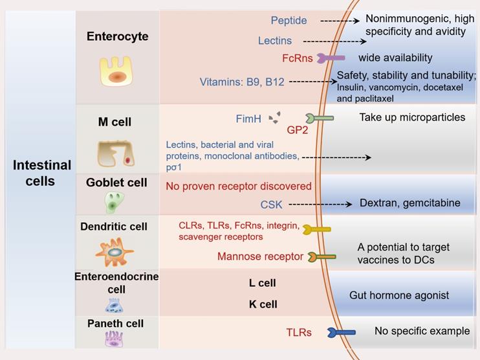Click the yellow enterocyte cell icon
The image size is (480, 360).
pos(116,71)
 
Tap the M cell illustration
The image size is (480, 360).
pos(116,153)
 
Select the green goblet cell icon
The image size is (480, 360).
pos(114,202)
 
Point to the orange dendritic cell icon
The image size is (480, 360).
pos(115,253)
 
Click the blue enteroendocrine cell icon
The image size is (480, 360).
pos(114,306)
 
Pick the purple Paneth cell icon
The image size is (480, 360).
pos(114,339)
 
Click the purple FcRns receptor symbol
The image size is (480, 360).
pos(331,58)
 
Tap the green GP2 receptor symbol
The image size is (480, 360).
pos(320,118)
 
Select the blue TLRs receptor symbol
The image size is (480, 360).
pos(342,332)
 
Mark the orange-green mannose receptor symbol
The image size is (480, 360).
pos(322,257)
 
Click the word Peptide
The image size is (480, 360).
pos(289,21)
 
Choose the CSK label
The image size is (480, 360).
pos(271,205)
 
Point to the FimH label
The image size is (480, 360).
pos(248,118)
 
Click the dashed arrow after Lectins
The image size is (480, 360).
pos(334,41)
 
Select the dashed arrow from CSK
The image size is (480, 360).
pos(320,204)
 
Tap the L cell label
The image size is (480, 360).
pos(263,283)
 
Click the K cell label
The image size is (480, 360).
pos(263,304)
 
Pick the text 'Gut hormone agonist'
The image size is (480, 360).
pos(399,295)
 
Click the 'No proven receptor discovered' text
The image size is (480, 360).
pos(239,186)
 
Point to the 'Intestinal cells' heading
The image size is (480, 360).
pos(41,173)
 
